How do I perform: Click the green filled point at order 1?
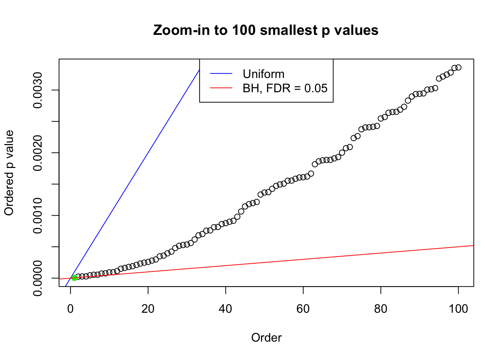tap(74, 278)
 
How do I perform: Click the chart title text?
tap(265, 30)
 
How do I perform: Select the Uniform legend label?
tap(263, 74)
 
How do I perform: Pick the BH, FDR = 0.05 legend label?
tap(285, 88)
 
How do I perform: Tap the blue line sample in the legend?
tap(221, 74)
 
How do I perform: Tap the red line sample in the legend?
tap(221, 88)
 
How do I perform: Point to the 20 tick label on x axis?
tap(148, 309)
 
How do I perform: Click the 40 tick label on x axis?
tap(225, 309)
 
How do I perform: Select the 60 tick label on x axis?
tap(303, 309)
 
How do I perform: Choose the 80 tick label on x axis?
tap(381, 309)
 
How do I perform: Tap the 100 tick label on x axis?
tap(458, 309)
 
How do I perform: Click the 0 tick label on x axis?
tap(70, 309)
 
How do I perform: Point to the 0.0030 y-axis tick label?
tap(38, 90)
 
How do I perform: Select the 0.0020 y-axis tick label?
tap(38, 153)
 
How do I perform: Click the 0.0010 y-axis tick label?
tap(38, 215)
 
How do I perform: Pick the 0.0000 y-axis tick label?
tap(38, 278)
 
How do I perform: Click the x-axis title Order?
tap(266, 337)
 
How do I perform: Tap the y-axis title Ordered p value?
tap(9, 173)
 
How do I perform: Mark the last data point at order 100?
tap(458, 67)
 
